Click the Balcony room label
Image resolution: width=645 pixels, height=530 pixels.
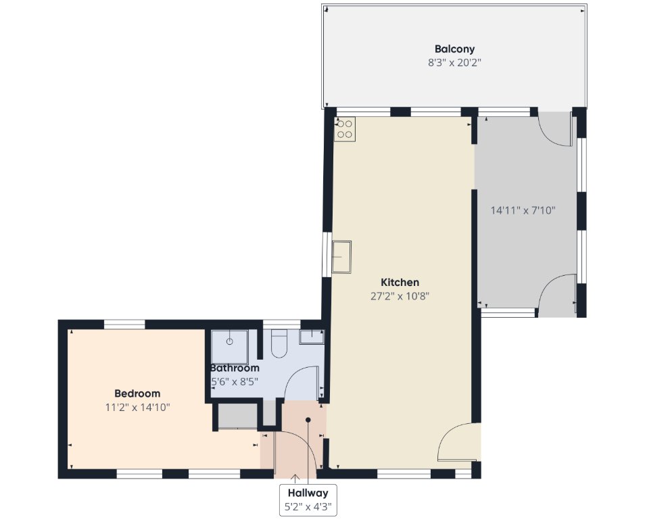(x=454, y=49)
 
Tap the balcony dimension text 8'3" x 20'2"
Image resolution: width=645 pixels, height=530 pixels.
(x=454, y=63)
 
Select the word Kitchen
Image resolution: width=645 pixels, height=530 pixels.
(x=400, y=283)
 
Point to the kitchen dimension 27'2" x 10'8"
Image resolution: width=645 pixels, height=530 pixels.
(x=400, y=297)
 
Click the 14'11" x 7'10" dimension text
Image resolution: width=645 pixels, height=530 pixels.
(x=523, y=210)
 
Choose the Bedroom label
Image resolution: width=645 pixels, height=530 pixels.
(x=137, y=393)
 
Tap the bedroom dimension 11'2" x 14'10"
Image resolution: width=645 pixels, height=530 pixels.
(x=137, y=408)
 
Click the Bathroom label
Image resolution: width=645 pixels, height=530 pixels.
(x=235, y=368)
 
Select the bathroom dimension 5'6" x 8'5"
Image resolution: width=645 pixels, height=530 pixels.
(x=235, y=381)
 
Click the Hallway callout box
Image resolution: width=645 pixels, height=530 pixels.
(x=308, y=500)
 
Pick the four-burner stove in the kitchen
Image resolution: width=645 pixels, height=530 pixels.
(x=345, y=129)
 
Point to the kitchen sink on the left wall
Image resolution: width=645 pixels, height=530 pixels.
(x=341, y=257)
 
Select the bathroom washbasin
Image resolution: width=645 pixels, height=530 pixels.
(x=312, y=337)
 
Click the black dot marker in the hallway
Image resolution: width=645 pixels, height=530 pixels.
(x=308, y=420)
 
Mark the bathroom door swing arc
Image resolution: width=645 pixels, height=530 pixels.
(x=293, y=375)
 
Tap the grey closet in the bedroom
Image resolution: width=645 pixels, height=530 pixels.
(x=237, y=416)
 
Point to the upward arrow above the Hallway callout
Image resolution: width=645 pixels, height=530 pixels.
(x=295, y=479)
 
